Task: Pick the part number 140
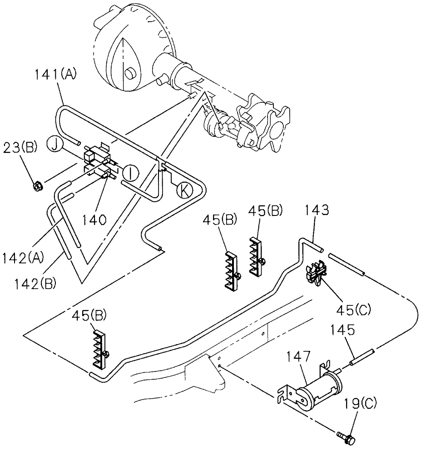click(x=94, y=220)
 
